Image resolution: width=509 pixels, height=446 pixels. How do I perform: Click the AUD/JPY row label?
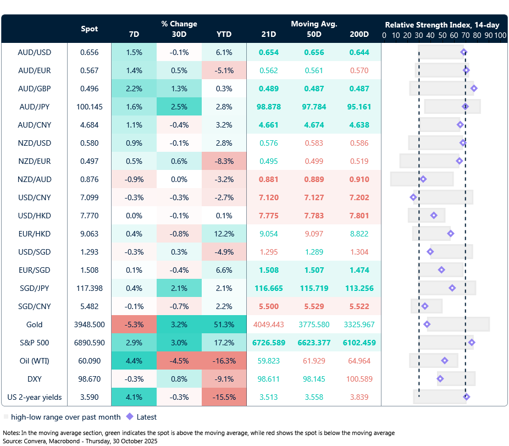[x=35, y=107]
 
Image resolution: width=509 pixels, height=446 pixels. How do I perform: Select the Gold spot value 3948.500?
[x=90, y=324]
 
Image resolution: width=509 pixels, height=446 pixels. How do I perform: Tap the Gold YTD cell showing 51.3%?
[x=224, y=324]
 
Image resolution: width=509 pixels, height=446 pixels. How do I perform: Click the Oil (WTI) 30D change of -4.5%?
[x=179, y=361]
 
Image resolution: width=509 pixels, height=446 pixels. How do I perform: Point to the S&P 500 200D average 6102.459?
[x=359, y=343]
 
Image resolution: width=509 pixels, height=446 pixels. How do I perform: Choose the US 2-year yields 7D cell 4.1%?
[x=134, y=397]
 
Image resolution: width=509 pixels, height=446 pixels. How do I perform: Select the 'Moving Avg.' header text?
[x=314, y=24]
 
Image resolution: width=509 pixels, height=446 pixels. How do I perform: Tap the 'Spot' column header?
[x=90, y=29]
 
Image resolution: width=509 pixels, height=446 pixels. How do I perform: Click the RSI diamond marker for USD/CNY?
[x=414, y=197]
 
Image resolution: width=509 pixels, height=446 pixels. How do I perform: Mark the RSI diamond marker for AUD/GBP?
[x=474, y=89]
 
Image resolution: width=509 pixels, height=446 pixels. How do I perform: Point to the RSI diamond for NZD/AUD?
[x=423, y=179]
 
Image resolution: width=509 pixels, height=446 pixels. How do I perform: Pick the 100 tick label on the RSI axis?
[x=500, y=35]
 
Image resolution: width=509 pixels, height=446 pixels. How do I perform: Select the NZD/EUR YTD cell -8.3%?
[x=224, y=161]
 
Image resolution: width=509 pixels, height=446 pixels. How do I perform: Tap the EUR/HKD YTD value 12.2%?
[x=224, y=234]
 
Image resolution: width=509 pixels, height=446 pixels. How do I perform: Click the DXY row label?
[x=35, y=379]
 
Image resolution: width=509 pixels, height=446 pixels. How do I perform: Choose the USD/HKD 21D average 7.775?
[x=269, y=216]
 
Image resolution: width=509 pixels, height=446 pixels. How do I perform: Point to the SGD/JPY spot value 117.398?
[x=90, y=288]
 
